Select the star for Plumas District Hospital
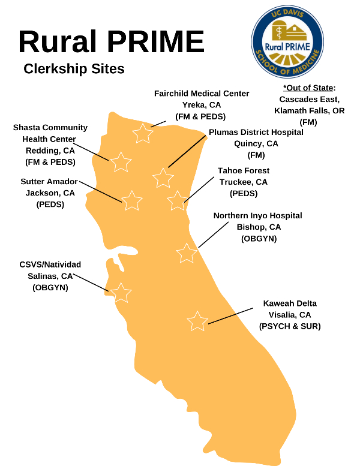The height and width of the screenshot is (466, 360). (x=163, y=178)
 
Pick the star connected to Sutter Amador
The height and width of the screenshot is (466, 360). (x=132, y=200)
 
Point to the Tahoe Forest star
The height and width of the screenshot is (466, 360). (x=177, y=201)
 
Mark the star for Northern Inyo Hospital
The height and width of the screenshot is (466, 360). (x=187, y=253)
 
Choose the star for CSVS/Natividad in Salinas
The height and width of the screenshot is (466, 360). (x=121, y=293)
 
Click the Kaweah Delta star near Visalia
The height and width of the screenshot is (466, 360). (x=197, y=321)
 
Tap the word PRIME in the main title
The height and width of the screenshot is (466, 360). (x=158, y=42)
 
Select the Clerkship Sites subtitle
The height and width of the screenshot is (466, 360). (x=74, y=69)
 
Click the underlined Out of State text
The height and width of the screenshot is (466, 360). (x=309, y=88)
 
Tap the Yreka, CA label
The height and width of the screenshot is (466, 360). (x=202, y=104)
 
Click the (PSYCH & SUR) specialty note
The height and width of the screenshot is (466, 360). (x=290, y=326)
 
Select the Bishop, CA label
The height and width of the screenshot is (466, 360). (x=258, y=227)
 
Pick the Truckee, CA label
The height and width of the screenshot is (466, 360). (x=244, y=182)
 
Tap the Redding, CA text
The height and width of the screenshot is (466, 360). (x=50, y=150)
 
